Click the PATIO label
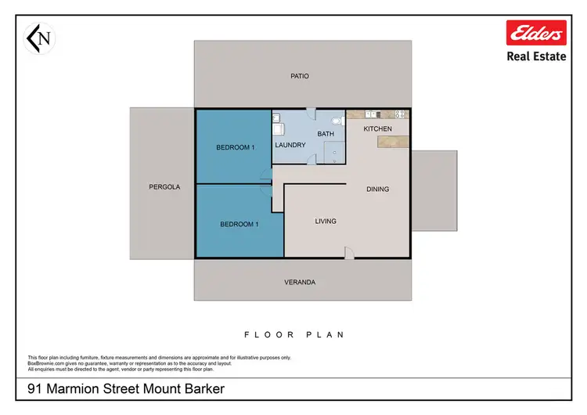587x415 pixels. tap(300, 76)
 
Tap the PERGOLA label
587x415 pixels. tap(164, 187)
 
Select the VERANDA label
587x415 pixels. tap(300, 282)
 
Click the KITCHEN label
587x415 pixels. tap(377, 128)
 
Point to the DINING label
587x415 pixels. tap(377, 189)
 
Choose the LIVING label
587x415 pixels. tap(326, 222)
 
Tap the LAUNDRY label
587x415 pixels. tap(290, 145)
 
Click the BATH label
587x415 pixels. tap(326, 134)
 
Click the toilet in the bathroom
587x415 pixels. tap(337, 121)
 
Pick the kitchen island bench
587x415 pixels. tap(392, 141)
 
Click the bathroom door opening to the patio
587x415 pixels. tap(311, 113)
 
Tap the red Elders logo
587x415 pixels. tap(536, 34)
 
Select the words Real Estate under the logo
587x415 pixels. tap(536, 57)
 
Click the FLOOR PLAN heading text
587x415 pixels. tap(294, 334)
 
